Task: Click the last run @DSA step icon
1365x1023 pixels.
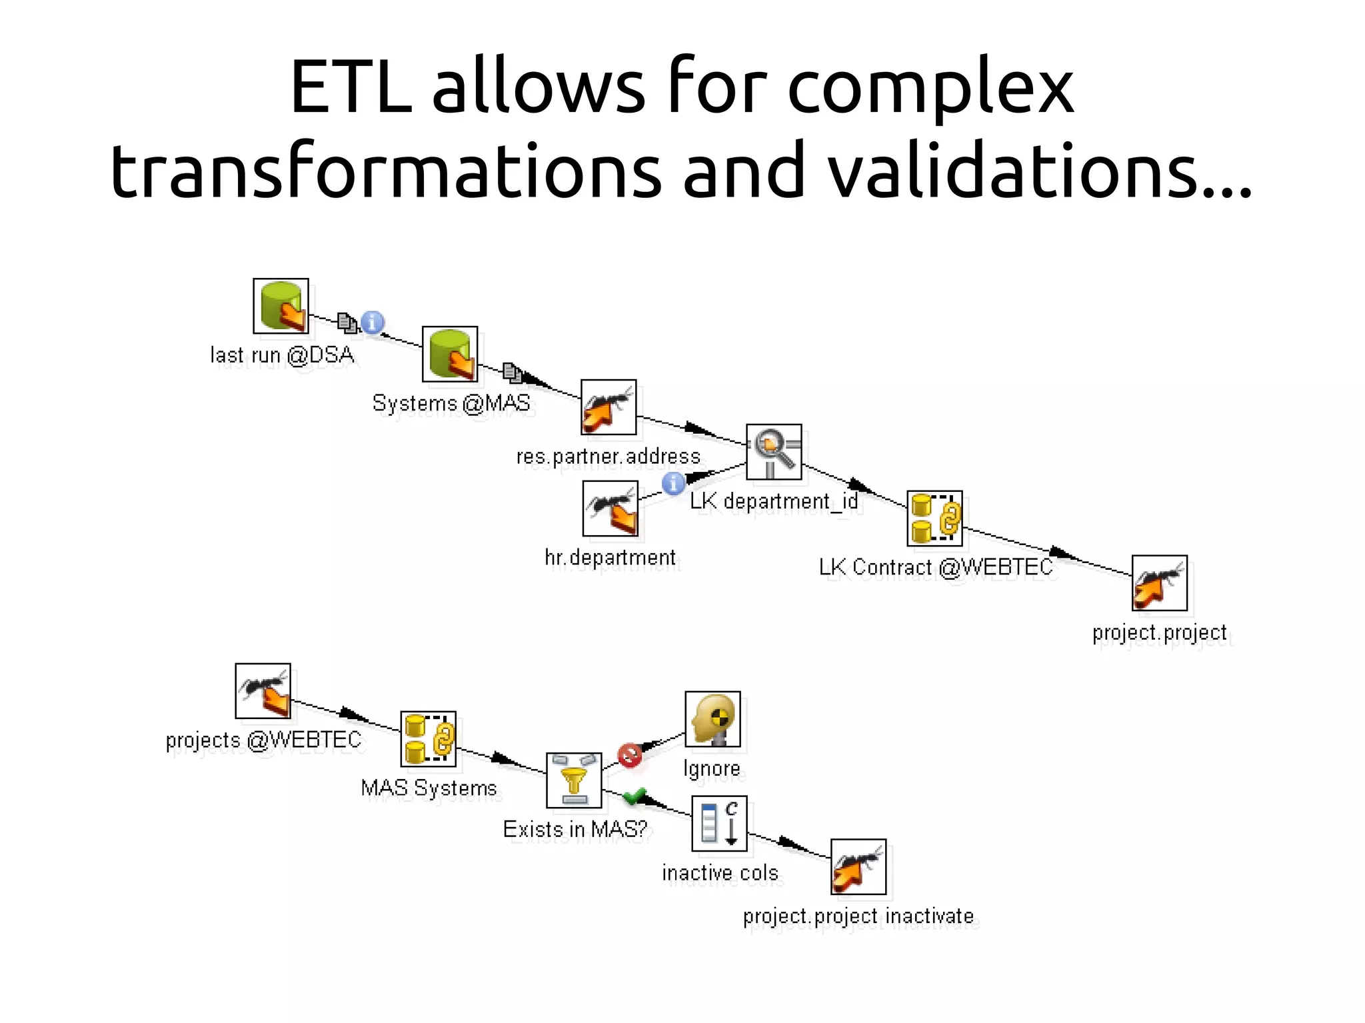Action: pos(281,306)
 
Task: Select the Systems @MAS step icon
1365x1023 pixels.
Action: pos(450,354)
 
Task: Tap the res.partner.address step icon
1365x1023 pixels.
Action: pos(609,407)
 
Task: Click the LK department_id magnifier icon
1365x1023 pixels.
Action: pos(774,451)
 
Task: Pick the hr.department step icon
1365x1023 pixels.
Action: pos(611,509)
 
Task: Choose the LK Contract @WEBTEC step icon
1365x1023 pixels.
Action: pos(934,518)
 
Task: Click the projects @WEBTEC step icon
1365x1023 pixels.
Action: pos(263,690)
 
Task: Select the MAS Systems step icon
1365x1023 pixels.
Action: pos(429,738)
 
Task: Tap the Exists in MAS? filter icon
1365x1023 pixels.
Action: pos(574,780)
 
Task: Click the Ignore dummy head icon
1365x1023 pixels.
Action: pos(713,718)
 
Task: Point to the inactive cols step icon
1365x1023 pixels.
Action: pos(719,823)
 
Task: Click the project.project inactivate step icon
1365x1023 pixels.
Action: pos(858,866)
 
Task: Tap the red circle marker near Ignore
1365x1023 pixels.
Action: pos(630,755)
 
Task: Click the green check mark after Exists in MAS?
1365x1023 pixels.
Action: pos(635,795)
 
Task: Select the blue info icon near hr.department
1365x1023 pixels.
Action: pos(673,483)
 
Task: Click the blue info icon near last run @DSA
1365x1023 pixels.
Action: pos(373,323)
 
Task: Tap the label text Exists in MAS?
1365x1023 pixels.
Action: pos(575,829)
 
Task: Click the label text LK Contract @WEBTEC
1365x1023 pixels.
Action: pos(936,567)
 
